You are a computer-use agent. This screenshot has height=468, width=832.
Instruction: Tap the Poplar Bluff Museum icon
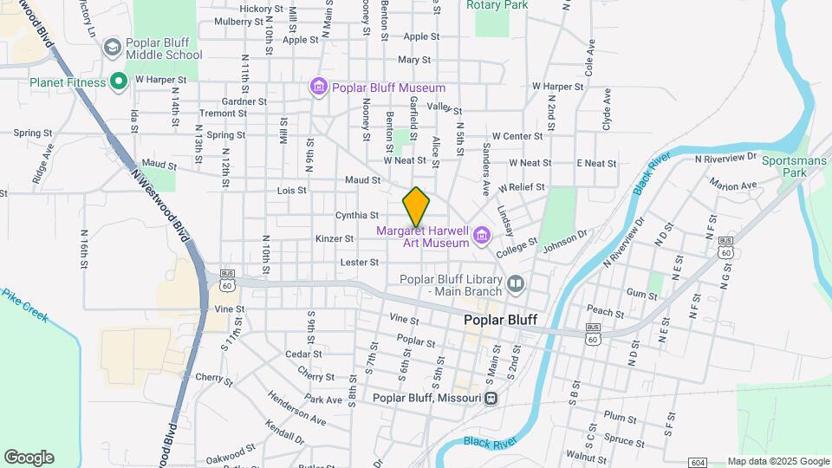[319, 88]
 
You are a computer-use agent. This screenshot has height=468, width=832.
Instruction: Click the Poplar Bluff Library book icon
[517, 283]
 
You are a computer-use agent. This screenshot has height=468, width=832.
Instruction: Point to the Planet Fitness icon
[119, 82]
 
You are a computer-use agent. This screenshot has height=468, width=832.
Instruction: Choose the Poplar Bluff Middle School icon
[112, 46]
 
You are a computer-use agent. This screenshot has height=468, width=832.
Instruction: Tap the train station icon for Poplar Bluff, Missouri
[491, 398]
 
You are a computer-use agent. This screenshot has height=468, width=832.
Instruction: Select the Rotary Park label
[497, 5]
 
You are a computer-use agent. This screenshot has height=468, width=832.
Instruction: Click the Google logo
[29, 458]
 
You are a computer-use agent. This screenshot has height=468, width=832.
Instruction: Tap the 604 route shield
[698, 461]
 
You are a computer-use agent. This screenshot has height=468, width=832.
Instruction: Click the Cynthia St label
[357, 215]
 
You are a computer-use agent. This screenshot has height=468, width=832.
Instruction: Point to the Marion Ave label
[732, 185]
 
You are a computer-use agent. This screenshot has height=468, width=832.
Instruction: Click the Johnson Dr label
[565, 239]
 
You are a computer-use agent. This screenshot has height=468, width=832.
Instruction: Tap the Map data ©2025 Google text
[778, 461]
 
